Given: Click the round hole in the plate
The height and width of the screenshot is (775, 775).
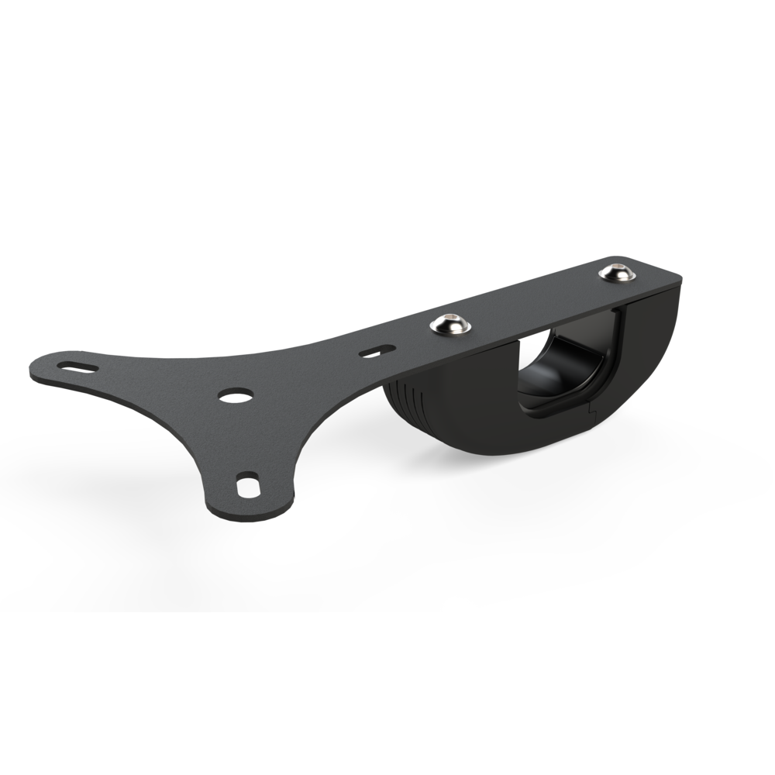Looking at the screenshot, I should pos(236,395).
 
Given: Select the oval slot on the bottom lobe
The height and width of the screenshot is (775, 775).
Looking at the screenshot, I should pos(248,486).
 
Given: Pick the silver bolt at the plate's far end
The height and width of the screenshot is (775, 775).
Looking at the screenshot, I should pos(617,272).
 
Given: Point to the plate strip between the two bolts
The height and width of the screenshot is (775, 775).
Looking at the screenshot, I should pos(535,298).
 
